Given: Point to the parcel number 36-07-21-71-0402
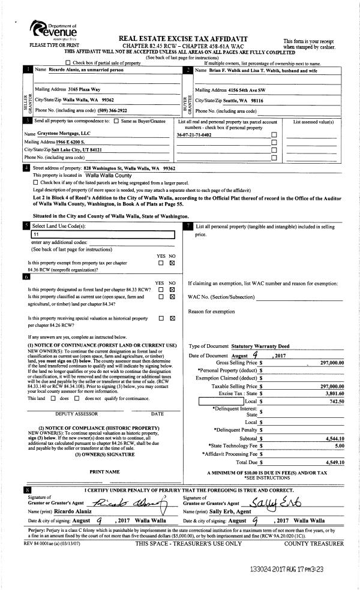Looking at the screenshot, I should point(194,136).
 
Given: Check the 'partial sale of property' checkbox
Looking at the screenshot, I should point(67,62).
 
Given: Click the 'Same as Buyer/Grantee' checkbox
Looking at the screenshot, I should point(116,122).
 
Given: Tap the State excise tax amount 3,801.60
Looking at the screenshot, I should point(334,392).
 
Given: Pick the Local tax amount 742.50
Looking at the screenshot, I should point(337,401).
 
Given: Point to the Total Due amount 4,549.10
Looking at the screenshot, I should point(334,462).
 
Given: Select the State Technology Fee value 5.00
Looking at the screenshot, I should point(339,446).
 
